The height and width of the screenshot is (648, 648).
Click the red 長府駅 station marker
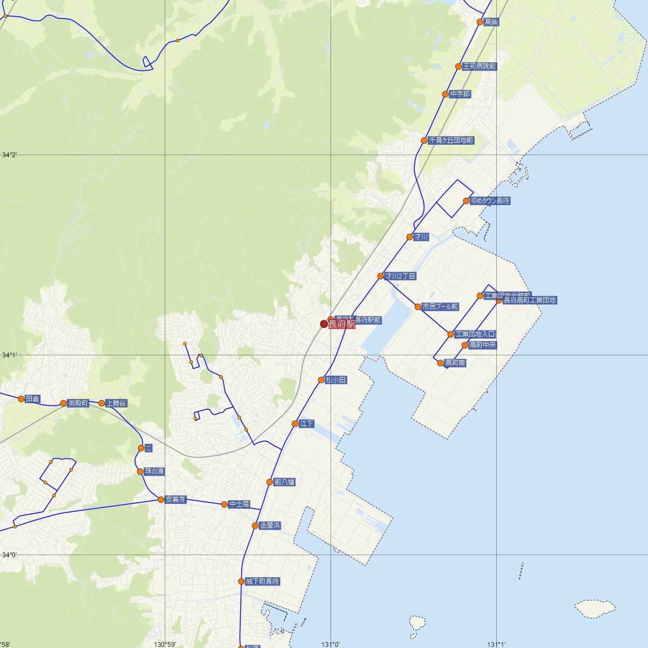[x=324, y=324]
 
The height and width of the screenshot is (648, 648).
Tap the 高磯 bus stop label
[x=491, y=22]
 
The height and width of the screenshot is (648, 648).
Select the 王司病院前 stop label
[x=479, y=66]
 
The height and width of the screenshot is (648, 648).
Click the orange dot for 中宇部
[x=446, y=94]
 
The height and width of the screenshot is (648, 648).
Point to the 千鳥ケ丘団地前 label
[x=451, y=140]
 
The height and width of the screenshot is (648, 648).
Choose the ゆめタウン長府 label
[x=490, y=201]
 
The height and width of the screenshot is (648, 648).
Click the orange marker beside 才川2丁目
[x=381, y=276]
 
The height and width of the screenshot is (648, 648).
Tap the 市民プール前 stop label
[x=440, y=307]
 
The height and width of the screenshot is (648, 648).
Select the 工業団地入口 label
[x=475, y=334]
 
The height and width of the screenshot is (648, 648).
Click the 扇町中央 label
[x=482, y=345]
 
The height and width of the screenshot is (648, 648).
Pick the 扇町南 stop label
[x=455, y=363]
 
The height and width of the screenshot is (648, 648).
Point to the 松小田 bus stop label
[x=336, y=380]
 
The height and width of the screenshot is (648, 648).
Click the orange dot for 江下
[x=295, y=424]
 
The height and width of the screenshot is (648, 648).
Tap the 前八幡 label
[x=285, y=482]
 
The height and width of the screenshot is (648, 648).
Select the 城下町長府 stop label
[x=262, y=582]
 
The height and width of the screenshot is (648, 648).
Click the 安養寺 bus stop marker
[x=161, y=500]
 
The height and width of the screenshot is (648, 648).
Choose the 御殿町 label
[x=78, y=403]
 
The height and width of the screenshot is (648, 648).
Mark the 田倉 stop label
[x=32, y=399]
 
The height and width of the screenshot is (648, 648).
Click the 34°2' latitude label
[x=10, y=155]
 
